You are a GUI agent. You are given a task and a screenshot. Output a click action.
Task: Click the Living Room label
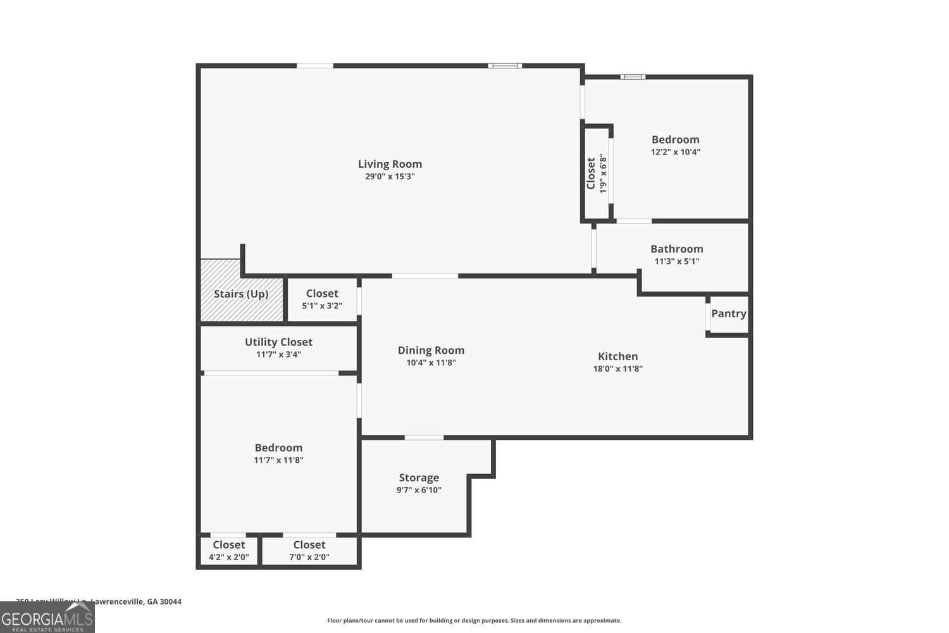coord(390,164)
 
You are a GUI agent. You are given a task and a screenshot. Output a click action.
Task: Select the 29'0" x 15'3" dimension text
coord(390,177)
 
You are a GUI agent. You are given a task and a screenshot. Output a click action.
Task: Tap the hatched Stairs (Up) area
coord(241,294)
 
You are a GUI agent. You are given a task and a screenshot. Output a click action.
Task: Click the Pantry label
coord(728,313)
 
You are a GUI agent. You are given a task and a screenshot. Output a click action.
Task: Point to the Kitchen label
coord(617,356)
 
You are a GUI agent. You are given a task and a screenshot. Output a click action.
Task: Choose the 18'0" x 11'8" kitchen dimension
coord(617,369)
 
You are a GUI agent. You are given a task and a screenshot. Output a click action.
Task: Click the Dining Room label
coord(431,350)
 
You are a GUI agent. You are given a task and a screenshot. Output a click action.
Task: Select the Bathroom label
coord(676,249)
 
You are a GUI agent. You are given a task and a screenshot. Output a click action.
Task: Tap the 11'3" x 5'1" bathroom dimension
coord(676,261)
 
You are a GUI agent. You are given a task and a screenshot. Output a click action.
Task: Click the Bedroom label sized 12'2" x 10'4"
coord(675,140)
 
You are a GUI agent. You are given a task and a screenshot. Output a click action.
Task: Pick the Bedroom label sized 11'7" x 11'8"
coord(278,448)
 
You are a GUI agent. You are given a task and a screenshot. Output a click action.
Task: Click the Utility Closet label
coord(278,342)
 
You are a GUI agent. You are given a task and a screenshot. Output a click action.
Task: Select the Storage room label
coord(418,478)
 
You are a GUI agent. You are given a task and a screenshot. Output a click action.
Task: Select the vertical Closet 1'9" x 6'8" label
coord(596,173)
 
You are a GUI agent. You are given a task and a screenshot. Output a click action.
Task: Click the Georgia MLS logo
coord(47,617)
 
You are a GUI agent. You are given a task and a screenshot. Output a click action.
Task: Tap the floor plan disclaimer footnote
coord(474,621)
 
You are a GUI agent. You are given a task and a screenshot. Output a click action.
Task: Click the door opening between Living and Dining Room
coord(425,276)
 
